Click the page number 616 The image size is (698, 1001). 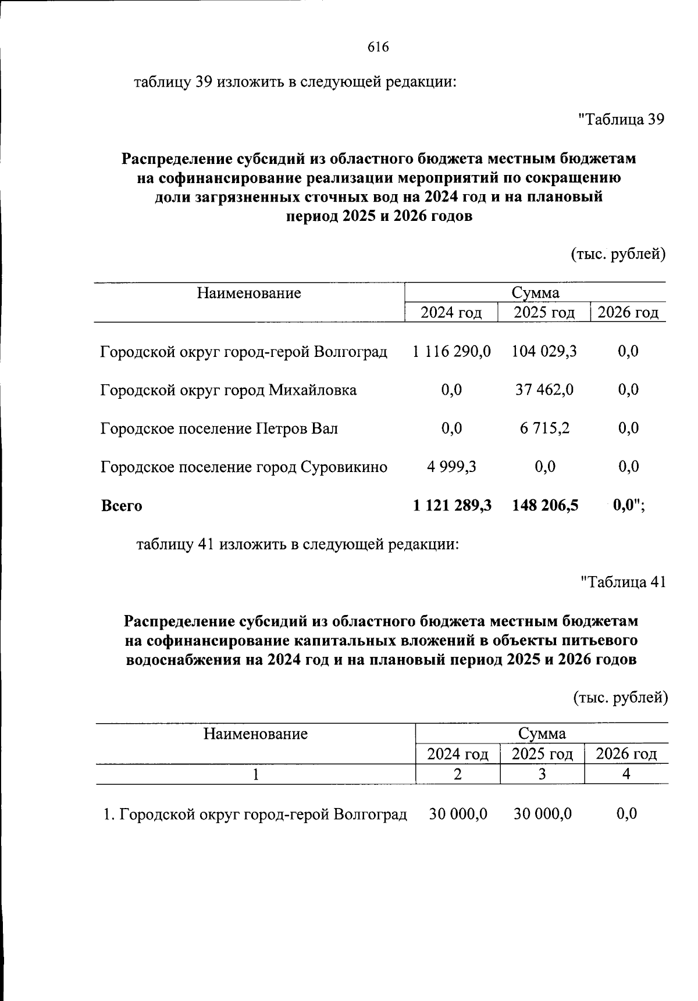(x=378, y=47)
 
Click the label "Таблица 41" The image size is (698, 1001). (x=623, y=582)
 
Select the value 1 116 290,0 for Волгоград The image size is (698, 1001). (x=452, y=351)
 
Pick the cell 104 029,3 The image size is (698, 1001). (x=544, y=351)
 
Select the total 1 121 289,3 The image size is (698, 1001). (x=452, y=506)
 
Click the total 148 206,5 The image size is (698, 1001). (x=545, y=506)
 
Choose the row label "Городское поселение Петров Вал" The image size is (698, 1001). (x=219, y=429)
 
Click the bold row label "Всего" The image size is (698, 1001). (x=122, y=506)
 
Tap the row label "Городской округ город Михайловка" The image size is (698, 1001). (x=228, y=390)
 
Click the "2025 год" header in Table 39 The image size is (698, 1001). (x=544, y=313)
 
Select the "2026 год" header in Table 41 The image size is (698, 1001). (x=626, y=754)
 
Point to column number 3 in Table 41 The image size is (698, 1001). (x=542, y=774)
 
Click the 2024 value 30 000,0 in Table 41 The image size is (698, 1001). (x=458, y=814)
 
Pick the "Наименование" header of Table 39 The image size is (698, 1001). (x=249, y=293)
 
